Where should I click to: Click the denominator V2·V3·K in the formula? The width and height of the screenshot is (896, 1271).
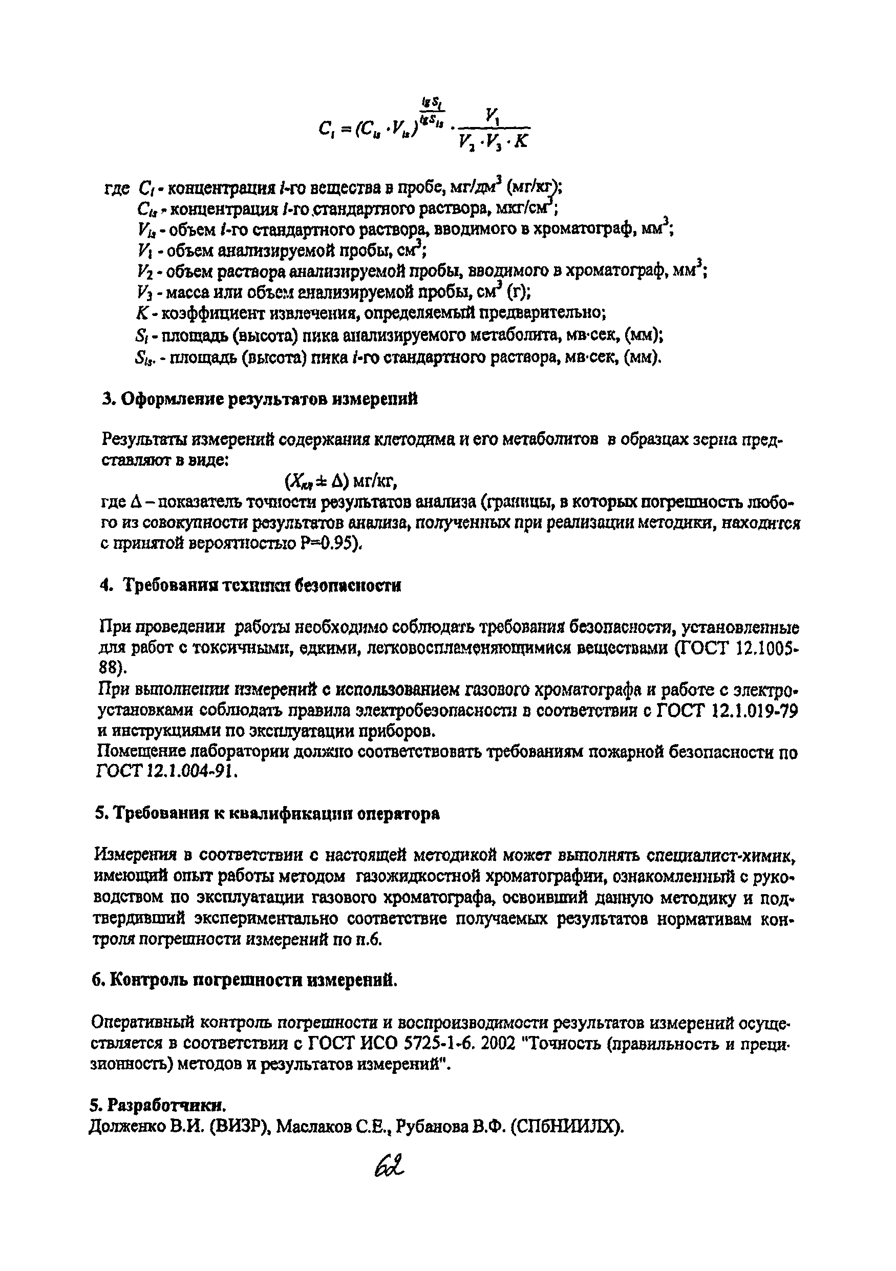[x=493, y=142]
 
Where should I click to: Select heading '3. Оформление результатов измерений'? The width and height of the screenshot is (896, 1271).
[x=260, y=399]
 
